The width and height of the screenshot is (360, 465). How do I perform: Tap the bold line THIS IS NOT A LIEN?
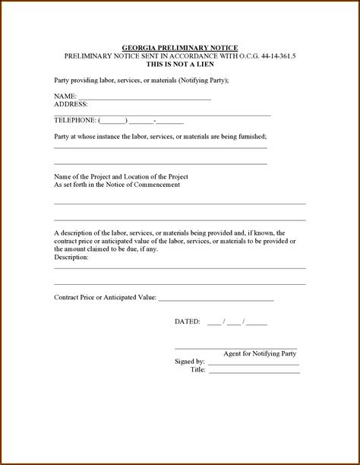(x=179, y=64)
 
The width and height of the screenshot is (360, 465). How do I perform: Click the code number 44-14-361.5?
(x=273, y=56)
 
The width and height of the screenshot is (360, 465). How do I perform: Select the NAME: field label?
(x=65, y=96)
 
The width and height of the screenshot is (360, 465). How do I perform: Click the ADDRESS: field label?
(x=71, y=103)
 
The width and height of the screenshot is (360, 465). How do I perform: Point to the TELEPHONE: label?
(x=75, y=120)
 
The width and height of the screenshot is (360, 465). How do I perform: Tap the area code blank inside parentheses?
(x=113, y=121)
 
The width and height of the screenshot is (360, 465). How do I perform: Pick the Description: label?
(x=71, y=257)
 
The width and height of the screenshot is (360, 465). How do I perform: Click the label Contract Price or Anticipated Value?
(x=105, y=297)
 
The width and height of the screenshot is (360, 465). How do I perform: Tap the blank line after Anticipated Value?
(x=216, y=299)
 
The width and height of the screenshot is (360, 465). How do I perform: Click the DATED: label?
(x=188, y=321)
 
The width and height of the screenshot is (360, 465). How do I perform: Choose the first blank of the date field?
(x=213, y=323)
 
